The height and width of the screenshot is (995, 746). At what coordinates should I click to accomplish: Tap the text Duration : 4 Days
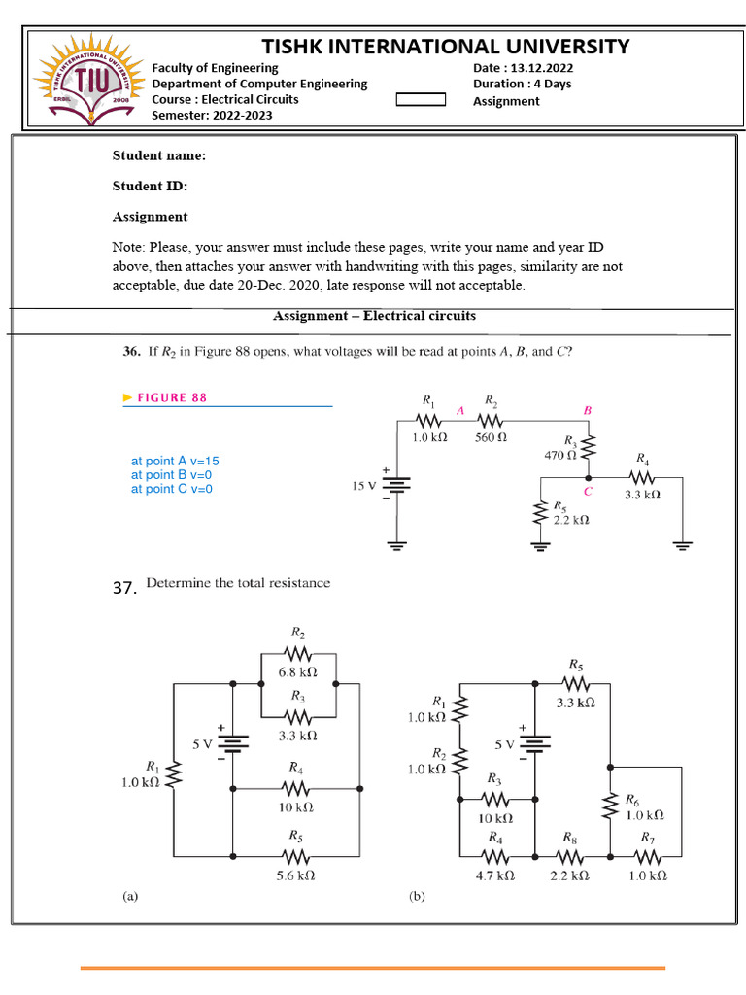point(522,84)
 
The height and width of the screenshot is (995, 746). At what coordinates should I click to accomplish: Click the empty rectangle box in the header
point(422,99)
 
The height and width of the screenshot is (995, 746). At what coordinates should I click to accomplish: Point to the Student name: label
point(158,155)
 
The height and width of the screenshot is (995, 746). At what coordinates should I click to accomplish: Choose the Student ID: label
point(150,186)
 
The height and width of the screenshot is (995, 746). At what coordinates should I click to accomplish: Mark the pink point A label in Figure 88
point(460,411)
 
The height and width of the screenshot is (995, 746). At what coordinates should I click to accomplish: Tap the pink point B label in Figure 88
point(587,411)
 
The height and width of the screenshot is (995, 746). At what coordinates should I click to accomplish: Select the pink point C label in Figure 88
point(588,492)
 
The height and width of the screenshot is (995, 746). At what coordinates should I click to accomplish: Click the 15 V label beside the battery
point(364,486)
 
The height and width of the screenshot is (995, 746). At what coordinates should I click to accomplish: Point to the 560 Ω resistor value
point(491,437)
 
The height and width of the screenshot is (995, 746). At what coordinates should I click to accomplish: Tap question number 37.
point(123,587)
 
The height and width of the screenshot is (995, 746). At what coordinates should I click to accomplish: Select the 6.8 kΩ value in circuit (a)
point(298,672)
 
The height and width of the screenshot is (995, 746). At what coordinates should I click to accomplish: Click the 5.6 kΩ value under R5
point(296,875)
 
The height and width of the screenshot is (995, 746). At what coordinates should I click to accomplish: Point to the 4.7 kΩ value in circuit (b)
point(495,875)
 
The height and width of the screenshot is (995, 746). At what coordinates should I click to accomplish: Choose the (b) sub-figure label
point(418,898)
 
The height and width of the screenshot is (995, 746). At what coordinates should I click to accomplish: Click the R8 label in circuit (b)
point(570,836)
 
